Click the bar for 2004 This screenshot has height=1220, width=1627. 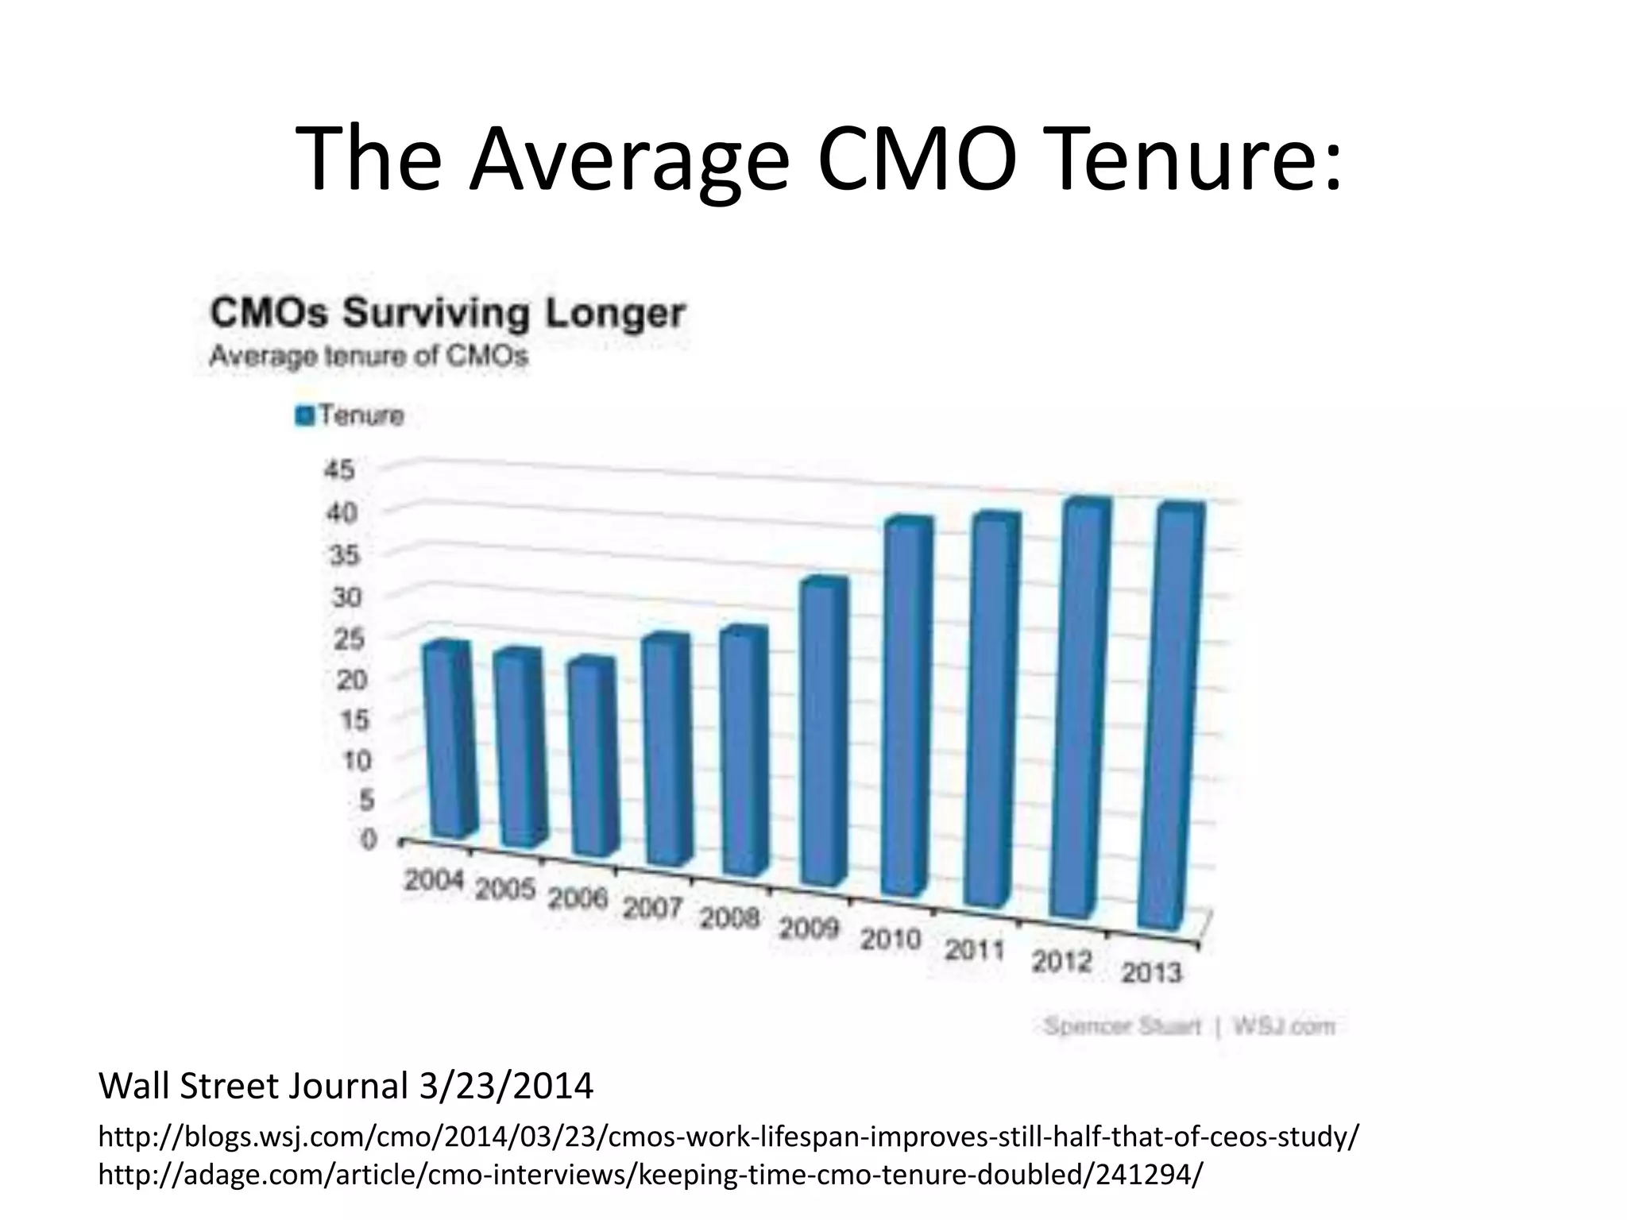[x=450, y=739]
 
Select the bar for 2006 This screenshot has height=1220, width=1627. [x=594, y=759]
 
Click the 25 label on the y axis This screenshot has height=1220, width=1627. [x=344, y=639]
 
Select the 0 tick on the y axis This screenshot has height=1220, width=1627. [x=367, y=839]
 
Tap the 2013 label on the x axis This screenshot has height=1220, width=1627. [x=1151, y=972]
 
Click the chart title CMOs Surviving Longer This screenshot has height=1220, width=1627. [x=446, y=313]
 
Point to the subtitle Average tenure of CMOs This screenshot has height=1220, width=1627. [x=369, y=357]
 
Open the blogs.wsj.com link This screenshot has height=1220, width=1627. [x=728, y=1137]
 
